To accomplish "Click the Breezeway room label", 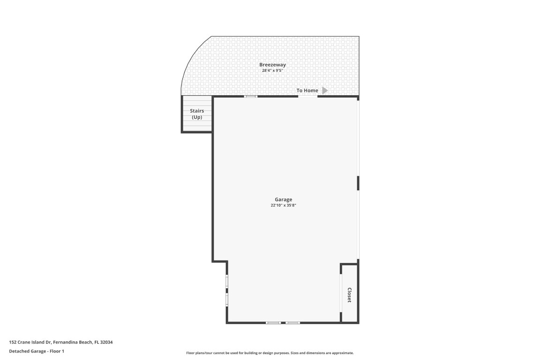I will pyautogui.click(x=272, y=65).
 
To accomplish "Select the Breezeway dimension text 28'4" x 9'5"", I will pyautogui.click(x=272, y=71).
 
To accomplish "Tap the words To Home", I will pyautogui.click(x=307, y=90).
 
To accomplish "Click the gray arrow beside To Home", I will pyautogui.click(x=325, y=90).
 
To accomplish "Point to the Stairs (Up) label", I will pyautogui.click(x=197, y=114).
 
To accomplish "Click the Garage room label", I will pyautogui.click(x=283, y=200).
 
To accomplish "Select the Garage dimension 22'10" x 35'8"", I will pyautogui.click(x=283, y=205).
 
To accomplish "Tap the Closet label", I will pyautogui.click(x=349, y=295).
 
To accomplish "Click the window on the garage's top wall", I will pyautogui.click(x=251, y=97).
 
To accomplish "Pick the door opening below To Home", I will pyautogui.click(x=307, y=97).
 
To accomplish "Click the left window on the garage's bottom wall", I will pyautogui.click(x=273, y=322).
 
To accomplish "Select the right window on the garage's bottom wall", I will pyautogui.click(x=293, y=322).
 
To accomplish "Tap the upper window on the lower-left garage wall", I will pyautogui.click(x=227, y=281).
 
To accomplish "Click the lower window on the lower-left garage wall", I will pyautogui.click(x=227, y=299).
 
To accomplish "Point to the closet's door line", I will pyautogui.click(x=340, y=292).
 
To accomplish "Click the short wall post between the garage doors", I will pyautogui.click(x=358, y=183).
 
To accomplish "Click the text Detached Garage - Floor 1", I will pyautogui.click(x=37, y=351).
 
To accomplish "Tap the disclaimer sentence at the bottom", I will pyautogui.click(x=270, y=353).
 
